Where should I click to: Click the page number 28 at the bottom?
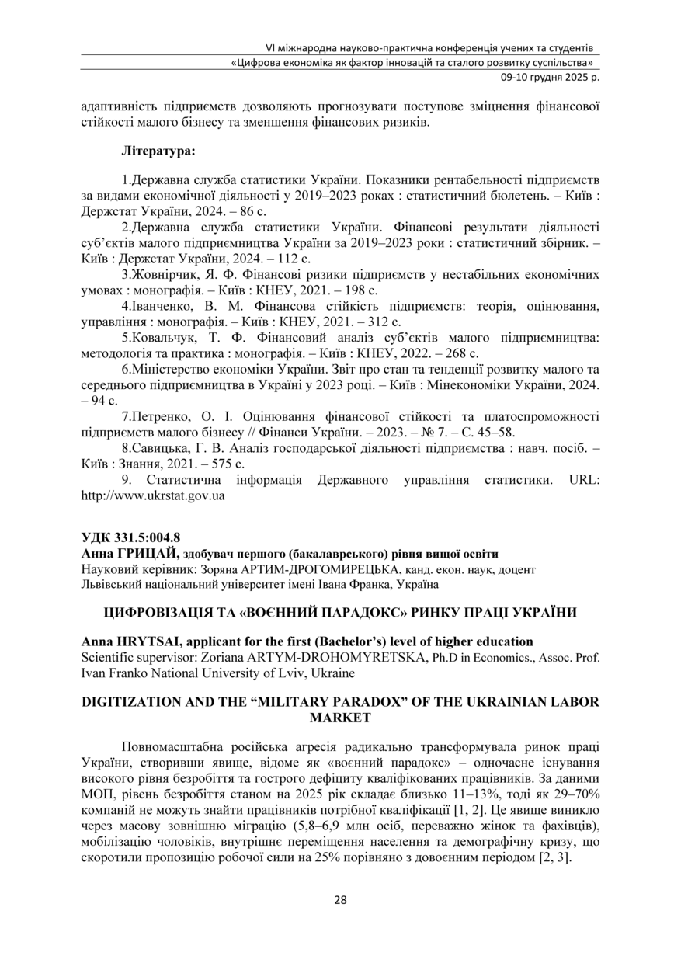pos(340,900)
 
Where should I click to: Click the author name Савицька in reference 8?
pos(159,449)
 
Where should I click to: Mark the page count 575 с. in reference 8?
pos(228,464)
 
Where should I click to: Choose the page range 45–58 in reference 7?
pos(494,433)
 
